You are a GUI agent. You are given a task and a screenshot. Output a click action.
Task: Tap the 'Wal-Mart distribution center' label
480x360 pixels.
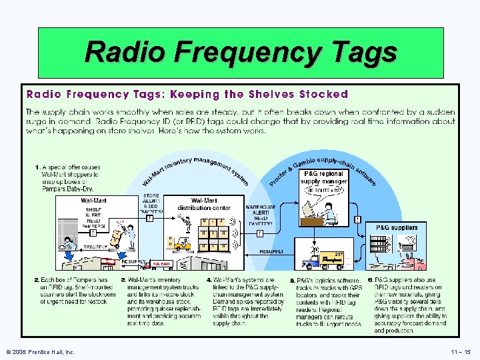pyautogui.click(x=203, y=204)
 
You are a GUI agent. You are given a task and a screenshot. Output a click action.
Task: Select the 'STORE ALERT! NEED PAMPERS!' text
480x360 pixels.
pyautogui.click(x=151, y=204)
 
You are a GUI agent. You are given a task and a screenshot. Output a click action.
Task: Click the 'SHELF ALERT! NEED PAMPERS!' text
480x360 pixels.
pyautogui.click(x=93, y=217)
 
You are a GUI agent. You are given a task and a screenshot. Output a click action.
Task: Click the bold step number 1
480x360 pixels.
pyautogui.click(x=37, y=166)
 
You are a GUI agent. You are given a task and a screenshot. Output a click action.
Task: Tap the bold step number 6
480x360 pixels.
pyautogui.click(x=370, y=280)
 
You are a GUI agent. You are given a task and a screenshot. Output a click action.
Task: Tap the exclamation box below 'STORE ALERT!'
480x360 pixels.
pyautogui.click(x=151, y=217)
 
